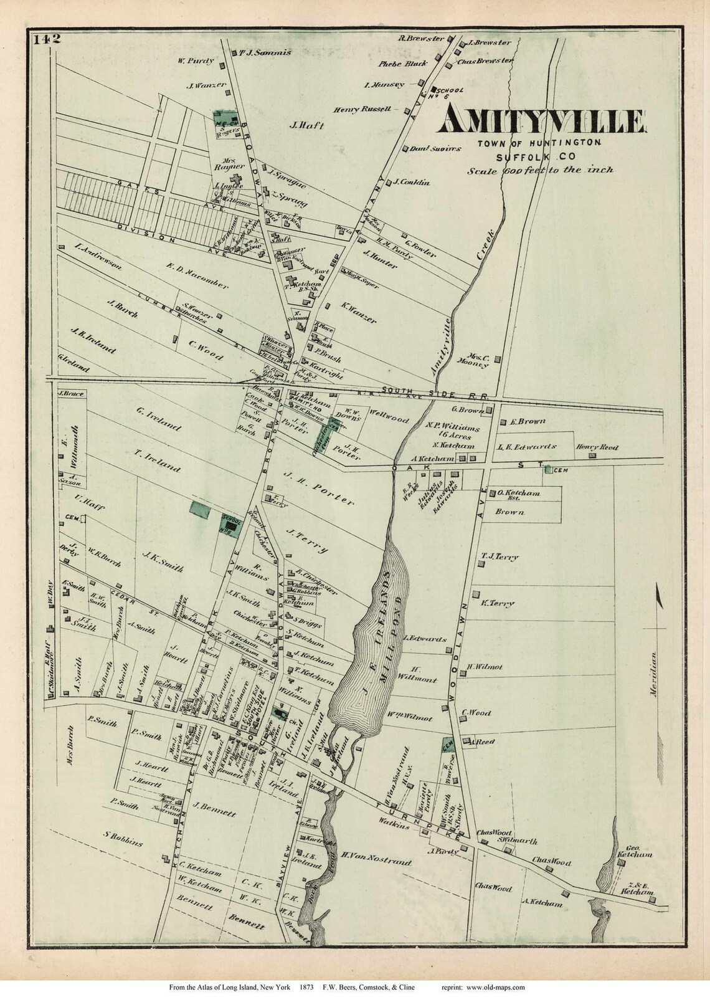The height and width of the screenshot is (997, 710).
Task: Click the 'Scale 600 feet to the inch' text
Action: coord(541,169)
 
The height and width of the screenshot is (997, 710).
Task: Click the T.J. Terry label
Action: coord(500,557)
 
